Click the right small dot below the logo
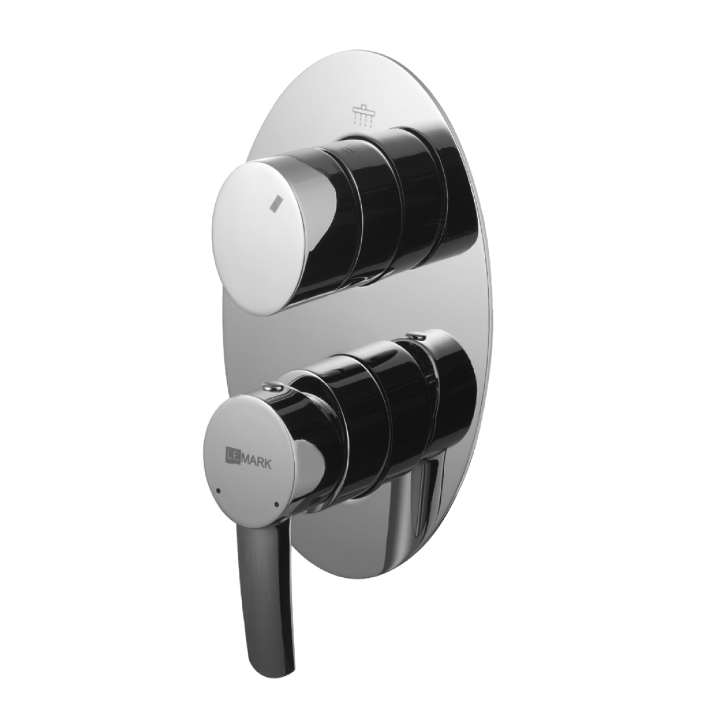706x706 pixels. [274, 504]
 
